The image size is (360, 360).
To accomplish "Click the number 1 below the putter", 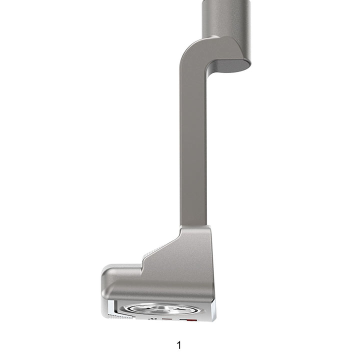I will tap(179, 345).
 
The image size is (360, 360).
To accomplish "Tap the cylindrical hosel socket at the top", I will tap(226, 17).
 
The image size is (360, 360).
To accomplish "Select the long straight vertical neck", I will tap(193, 150).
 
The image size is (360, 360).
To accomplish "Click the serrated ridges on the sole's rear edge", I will tap(120, 315).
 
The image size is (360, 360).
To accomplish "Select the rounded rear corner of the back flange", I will tap(105, 274).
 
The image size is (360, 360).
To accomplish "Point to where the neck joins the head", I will tap(194, 227).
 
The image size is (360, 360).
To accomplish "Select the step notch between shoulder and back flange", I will tap(143, 261).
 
